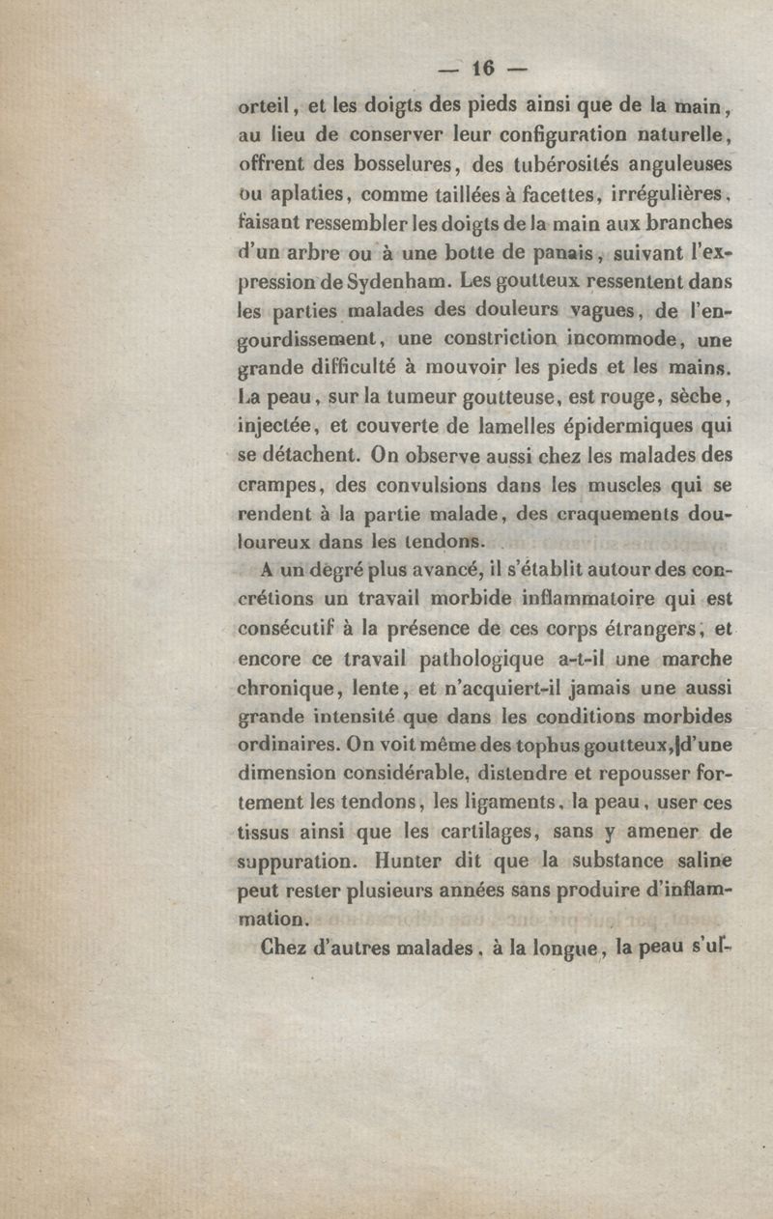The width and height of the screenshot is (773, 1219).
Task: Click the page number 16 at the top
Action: point(482,68)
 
